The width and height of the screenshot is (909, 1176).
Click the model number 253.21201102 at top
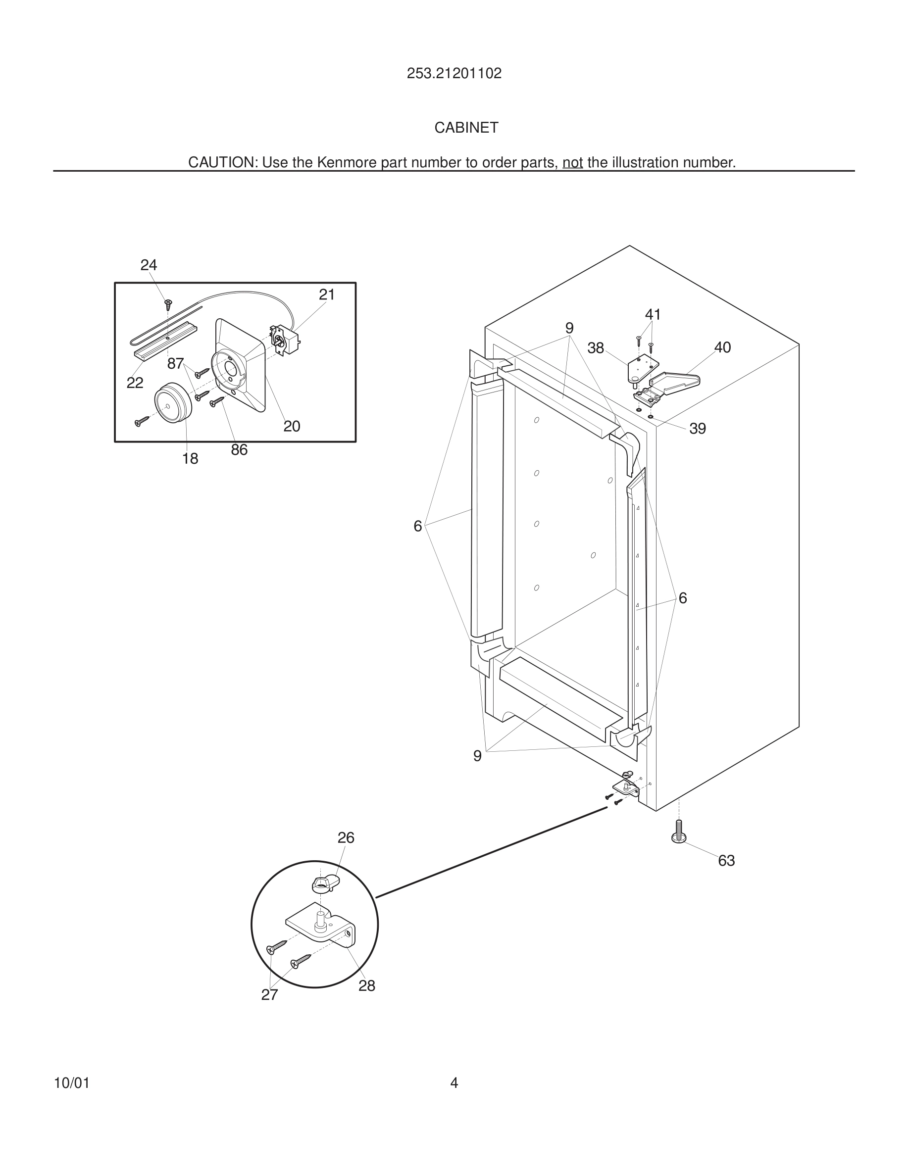tap(454, 74)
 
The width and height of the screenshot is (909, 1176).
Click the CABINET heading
tap(466, 128)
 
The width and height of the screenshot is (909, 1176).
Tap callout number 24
tap(149, 265)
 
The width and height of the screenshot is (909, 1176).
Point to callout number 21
tap(327, 294)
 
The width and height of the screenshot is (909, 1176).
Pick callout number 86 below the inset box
tap(239, 450)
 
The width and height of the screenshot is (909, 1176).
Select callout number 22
tap(135, 383)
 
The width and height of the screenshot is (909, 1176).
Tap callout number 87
tap(176, 364)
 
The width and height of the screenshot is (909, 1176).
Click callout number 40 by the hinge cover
tap(722, 348)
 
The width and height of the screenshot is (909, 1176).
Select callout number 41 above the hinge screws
tap(653, 314)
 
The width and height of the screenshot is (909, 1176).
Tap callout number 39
tap(698, 429)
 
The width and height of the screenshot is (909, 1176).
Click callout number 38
tap(596, 348)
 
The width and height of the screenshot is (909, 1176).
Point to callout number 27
tap(270, 995)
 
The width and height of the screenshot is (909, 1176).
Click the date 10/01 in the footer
tap(72, 1083)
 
